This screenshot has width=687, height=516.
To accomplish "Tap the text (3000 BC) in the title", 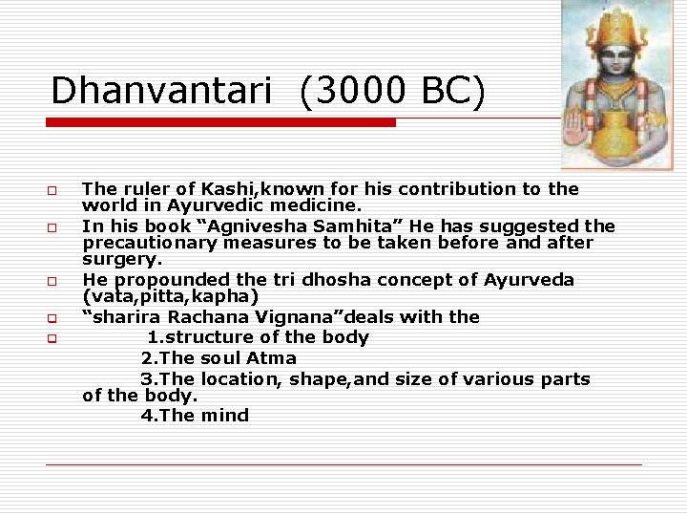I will click(392, 91).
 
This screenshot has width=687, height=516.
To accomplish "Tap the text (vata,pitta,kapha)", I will click(171, 296).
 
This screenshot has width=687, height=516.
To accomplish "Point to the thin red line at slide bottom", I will click(343, 464).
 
